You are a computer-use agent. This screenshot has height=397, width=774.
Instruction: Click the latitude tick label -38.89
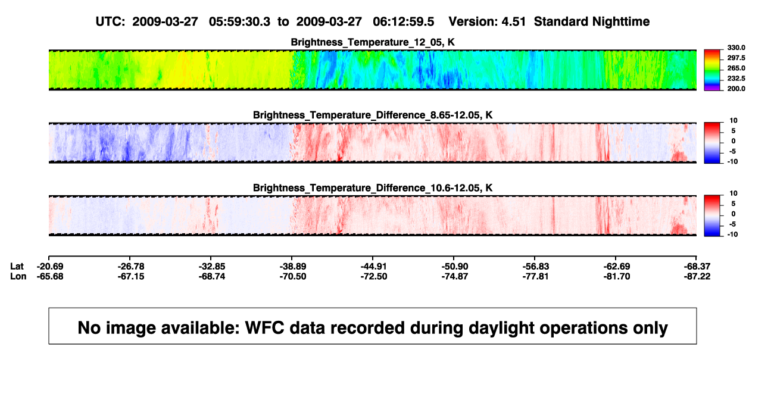292,267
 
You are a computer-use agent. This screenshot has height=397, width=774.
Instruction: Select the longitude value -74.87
454,276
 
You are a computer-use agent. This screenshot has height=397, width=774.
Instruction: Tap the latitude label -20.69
50,267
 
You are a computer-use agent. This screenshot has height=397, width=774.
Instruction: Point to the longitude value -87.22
697,276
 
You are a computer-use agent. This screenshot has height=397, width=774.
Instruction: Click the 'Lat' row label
17,267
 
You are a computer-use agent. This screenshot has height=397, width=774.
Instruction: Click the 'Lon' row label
18,276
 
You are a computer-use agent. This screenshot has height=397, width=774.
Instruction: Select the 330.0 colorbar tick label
736,48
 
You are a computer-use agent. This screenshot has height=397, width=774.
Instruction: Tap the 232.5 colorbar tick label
736,79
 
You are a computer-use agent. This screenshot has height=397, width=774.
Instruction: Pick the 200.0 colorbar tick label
736,89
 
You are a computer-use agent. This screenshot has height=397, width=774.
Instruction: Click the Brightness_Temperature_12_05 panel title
373,42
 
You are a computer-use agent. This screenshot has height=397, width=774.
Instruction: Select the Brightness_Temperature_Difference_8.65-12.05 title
373,115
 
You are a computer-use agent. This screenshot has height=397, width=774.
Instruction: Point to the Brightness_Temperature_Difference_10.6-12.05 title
373,188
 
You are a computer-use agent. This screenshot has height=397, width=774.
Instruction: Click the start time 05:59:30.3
239,22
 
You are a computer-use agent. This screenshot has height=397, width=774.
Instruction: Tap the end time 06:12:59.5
403,22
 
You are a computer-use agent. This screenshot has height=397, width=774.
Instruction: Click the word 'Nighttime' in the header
621,22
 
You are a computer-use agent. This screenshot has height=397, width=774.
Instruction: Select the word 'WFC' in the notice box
265,328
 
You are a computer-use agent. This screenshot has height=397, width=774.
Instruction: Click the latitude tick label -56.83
535,267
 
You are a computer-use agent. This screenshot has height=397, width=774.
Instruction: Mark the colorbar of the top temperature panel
712,70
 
